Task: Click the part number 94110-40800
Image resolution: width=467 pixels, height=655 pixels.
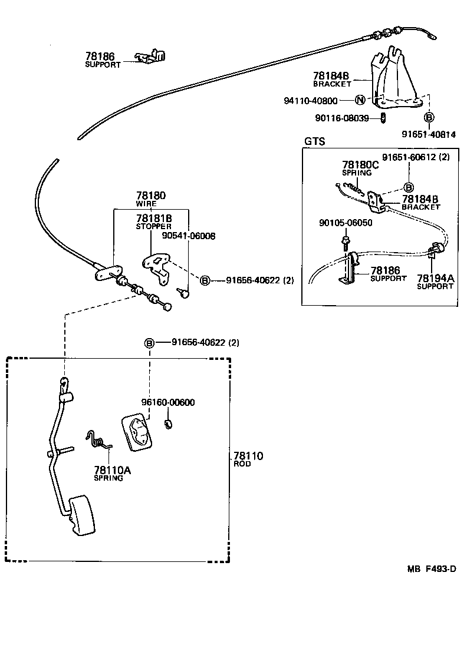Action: coord(310,101)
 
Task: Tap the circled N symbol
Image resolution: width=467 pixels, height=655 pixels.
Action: coord(360,101)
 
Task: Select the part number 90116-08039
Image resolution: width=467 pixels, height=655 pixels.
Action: coord(343,118)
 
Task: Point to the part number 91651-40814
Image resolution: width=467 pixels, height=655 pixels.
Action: coord(429,134)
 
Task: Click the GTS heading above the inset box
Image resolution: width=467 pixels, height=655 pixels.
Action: coord(314,142)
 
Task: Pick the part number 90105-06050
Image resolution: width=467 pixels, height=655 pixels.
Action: coord(345,223)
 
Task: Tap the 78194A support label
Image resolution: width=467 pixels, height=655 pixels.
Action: coord(435,277)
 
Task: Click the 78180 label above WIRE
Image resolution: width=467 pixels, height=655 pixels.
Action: coord(151,196)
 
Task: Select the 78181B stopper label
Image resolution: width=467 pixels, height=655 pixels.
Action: coord(153,217)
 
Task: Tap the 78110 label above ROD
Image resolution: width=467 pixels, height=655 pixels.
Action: coord(248,455)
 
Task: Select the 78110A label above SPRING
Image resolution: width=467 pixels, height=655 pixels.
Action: coord(112,470)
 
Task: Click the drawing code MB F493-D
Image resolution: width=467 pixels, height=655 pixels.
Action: coord(432,568)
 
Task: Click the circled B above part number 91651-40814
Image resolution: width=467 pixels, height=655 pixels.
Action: coord(429,117)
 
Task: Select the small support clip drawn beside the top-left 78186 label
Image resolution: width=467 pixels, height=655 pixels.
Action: coord(151,56)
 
